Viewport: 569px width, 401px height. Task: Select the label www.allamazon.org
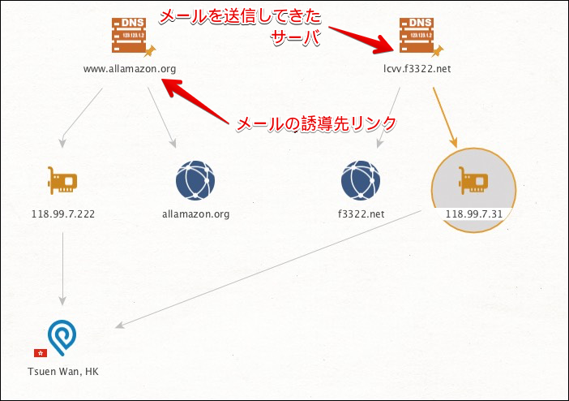[x=130, y=68]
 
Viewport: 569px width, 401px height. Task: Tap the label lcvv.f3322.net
[x=417, y=68]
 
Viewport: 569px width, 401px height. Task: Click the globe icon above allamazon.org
[x=195, y=180]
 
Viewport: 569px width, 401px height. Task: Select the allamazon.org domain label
[x=195, y=215]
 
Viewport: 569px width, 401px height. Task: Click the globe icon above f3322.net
[x=361, y=180]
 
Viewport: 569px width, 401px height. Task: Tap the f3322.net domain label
[x=361, y=215]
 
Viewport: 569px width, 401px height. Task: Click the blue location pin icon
[x=62, y=336]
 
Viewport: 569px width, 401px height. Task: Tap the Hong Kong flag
[x=40, y=353]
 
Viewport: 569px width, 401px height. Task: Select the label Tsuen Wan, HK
[x=62, y=372]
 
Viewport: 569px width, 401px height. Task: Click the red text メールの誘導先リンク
[x=316, y=123]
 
